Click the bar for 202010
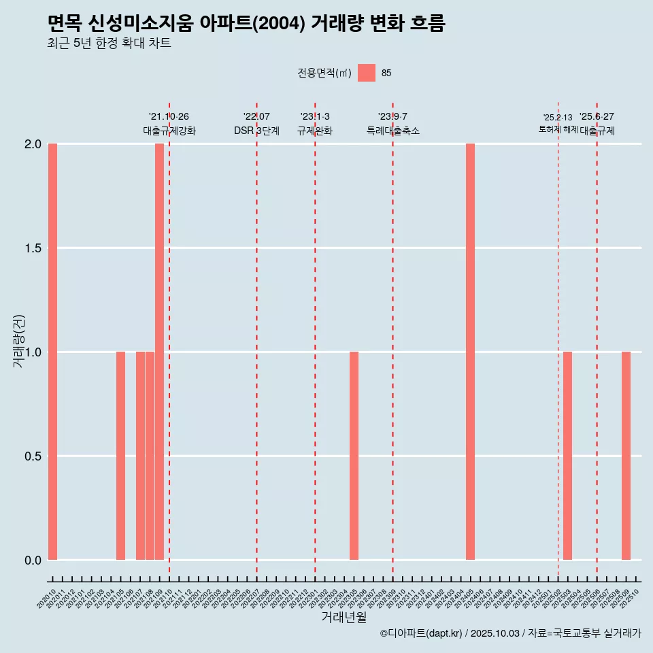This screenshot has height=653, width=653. (x=52, y=352)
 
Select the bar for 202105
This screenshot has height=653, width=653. (x=120, y=456)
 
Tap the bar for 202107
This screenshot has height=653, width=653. (x=140, y=456)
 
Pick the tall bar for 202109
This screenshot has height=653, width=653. (x=159, y=352)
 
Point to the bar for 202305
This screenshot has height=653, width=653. (x=354, y=456)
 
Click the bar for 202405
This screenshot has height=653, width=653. (x=470, y=352)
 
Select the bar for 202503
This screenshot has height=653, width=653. (x=567, y=456)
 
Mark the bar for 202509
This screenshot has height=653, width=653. (x=626, y=456)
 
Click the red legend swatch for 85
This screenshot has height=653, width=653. (x=367, y=73)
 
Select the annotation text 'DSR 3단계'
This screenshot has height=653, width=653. (x=256, y=131)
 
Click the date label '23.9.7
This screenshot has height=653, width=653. (x=392, y=117)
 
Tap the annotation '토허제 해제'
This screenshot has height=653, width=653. (x=558, y=129)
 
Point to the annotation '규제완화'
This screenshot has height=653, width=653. (x=315, y=131)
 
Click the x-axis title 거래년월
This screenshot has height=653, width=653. (x=344, y=617)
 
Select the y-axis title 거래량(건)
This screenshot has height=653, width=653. (x=18, y=341)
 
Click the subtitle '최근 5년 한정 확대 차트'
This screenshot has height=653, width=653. (x=109, y=44)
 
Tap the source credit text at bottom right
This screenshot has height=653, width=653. (x=510, y=633)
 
